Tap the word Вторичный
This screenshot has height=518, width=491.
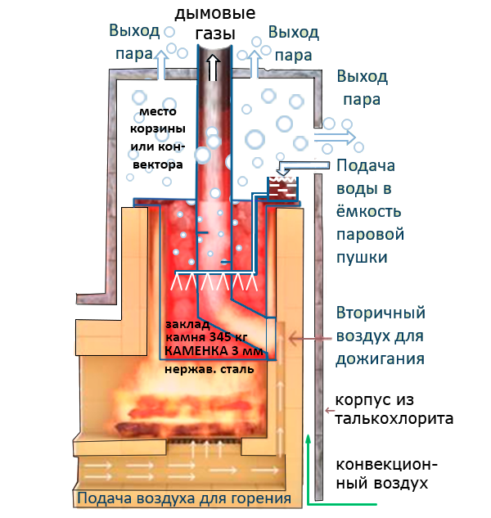(381, 313)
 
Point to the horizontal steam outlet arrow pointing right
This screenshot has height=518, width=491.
(338, 137)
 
